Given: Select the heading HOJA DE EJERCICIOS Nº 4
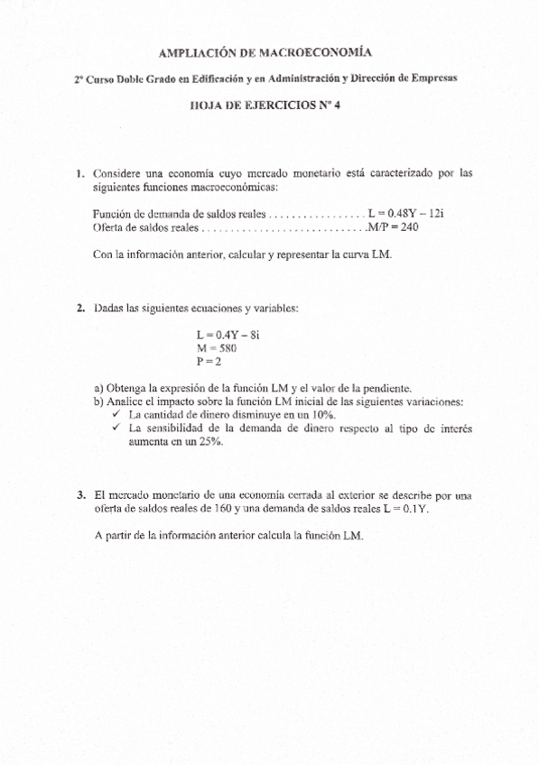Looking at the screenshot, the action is tap(270, 105).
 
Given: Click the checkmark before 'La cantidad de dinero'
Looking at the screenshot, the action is tap(115, 414).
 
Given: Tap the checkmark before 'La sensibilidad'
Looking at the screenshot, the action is tap(115, 429).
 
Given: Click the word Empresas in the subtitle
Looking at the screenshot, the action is tap(432, 78).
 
